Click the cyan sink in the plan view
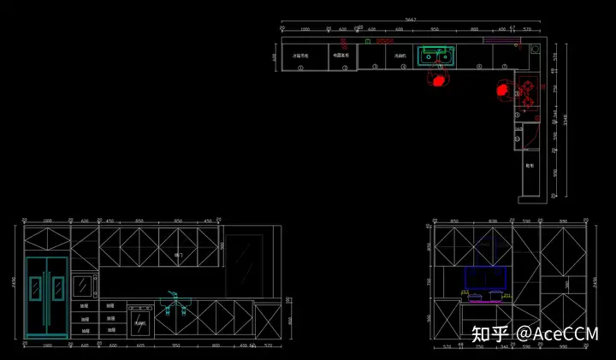point(436,56)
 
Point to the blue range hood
point(484,277)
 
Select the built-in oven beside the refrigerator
point(85,283)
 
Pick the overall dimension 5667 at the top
point(411,19)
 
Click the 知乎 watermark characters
point(487,333)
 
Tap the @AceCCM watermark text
point(557,333)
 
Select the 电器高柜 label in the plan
point(341,56)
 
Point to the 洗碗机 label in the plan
point(400,56)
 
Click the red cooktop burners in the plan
point(529,92)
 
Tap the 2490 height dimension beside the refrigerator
point(14,282)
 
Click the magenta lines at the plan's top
point(500,39)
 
